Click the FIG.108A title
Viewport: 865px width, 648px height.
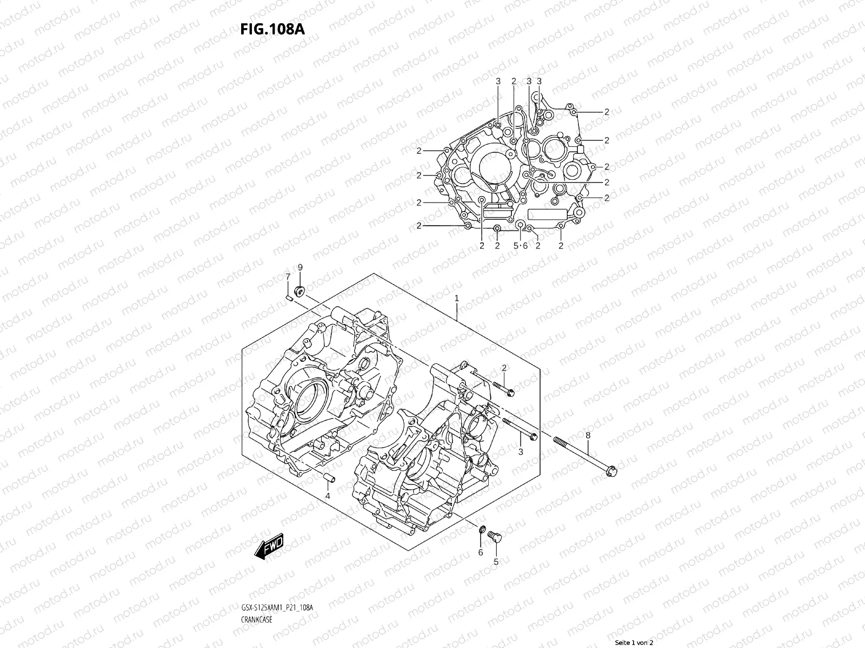272,29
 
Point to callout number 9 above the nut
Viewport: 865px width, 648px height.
301,267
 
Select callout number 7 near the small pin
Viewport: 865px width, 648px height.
288,277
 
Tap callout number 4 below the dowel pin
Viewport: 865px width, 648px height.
328,495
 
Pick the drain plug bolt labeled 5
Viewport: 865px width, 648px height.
494,535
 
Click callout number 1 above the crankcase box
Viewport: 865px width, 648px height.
457,298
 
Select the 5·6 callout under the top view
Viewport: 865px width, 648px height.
520,246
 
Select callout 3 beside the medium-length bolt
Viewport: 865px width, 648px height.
521,451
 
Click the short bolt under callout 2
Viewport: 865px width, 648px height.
503,388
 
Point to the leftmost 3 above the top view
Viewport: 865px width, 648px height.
498,81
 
